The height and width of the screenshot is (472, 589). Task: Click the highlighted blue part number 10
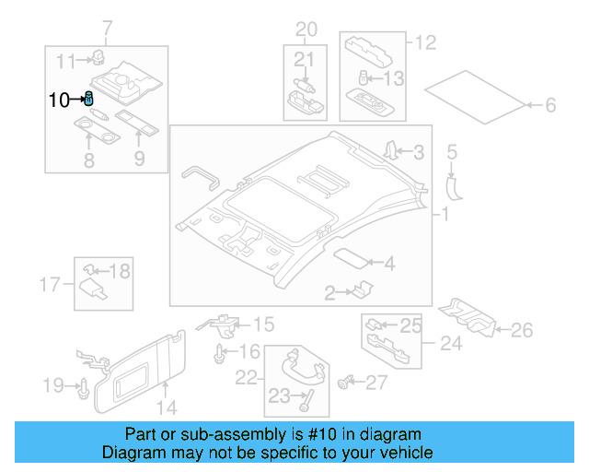89,99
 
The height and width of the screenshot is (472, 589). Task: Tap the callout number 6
550,106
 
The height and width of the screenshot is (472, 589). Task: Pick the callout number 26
522,329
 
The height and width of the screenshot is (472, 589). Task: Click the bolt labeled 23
306,400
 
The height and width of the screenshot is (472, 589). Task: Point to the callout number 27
377,382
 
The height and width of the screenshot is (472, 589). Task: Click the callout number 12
424,42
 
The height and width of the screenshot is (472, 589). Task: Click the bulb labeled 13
364,78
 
